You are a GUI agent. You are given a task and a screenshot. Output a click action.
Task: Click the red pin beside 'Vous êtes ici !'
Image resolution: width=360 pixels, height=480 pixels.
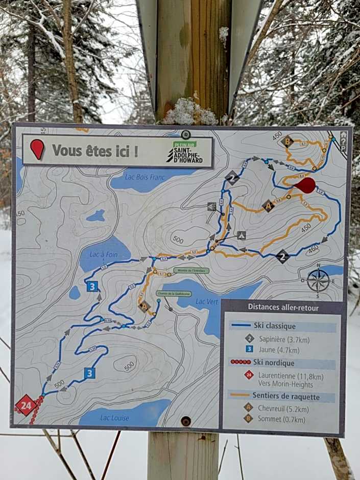pos(37,149)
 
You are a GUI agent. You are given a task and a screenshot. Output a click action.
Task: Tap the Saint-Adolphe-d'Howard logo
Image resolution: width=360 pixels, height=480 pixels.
pos(185,154)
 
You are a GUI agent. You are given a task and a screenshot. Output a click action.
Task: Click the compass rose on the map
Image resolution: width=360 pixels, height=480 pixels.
pos(318,280)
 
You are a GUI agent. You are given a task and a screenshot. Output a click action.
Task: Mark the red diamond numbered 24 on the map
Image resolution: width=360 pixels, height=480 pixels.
pos(26,405)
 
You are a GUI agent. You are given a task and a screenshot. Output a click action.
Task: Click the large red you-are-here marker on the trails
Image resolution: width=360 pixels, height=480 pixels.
pos(306,185)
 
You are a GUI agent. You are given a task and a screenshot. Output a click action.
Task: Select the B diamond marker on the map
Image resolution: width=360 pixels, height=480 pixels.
pos(287,141)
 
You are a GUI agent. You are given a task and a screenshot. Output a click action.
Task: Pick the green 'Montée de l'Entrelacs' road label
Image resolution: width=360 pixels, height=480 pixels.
pos(191,271)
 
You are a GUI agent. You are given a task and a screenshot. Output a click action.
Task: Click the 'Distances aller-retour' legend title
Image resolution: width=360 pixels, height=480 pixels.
pos(282,307)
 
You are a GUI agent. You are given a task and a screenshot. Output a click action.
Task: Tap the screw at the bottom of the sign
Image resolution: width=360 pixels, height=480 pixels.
pos(186,421)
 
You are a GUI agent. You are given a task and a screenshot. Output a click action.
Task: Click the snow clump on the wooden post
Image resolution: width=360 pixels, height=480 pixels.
pos(189,113)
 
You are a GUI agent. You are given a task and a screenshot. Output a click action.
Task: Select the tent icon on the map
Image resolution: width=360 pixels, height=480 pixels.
pos(242,235)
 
